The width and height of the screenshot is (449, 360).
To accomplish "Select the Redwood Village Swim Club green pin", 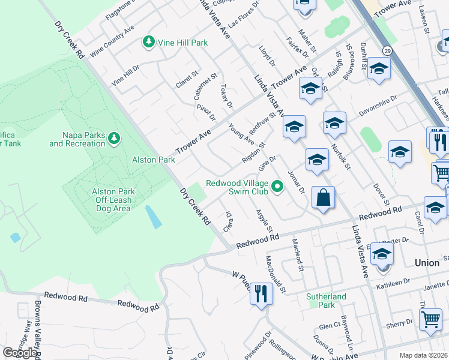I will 277,187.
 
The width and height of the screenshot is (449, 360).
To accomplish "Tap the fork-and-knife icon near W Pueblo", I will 261,293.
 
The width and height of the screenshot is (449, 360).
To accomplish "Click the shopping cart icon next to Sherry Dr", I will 430,320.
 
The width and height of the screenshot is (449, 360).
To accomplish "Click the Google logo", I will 20,353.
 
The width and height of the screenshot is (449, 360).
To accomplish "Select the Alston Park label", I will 154,160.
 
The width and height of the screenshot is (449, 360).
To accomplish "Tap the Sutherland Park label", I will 327,301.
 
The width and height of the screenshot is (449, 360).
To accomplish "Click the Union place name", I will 427,263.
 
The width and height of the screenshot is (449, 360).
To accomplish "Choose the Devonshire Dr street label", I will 378,104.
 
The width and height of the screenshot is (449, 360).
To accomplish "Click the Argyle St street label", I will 264,221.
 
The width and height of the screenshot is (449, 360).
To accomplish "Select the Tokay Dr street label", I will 226,97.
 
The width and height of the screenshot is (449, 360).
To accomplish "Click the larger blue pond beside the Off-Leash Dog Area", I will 153,217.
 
